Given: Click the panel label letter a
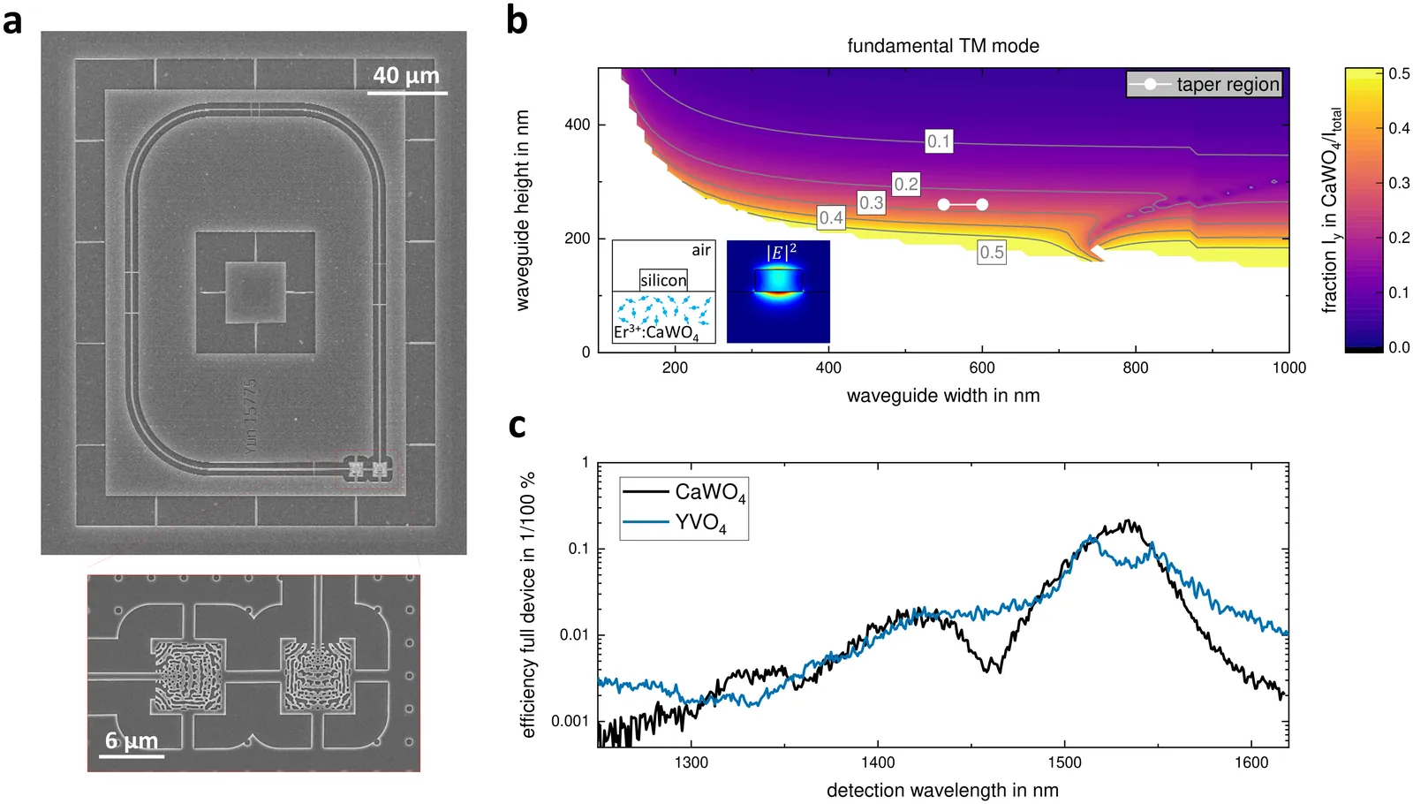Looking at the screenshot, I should [x=12, y=21].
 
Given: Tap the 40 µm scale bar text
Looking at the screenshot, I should [x=406, y=76].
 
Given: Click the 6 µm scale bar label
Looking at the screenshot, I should [x=132, y=740].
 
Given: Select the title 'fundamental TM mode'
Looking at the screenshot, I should [x=943, y=46].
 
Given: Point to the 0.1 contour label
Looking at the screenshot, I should [x=938, y=141].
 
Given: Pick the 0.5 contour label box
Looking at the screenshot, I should [x=992, y=253].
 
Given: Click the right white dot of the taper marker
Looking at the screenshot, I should [x=982, y=205].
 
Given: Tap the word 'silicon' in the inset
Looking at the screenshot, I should [x=663, y=280].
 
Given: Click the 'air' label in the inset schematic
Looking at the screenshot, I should [x=701, y=251].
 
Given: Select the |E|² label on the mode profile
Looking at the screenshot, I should [x=781, y=253].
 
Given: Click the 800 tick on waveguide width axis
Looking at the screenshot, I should [x=1136, y=368].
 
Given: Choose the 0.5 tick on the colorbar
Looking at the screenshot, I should [x=1399, y=73].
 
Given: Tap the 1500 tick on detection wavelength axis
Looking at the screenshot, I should [x=1064, y=762].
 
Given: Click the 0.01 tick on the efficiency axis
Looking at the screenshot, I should [x=574, y=635].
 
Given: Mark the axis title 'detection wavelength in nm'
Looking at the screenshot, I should [x=942, y=790].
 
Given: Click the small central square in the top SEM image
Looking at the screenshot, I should [x=255, y=292].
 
